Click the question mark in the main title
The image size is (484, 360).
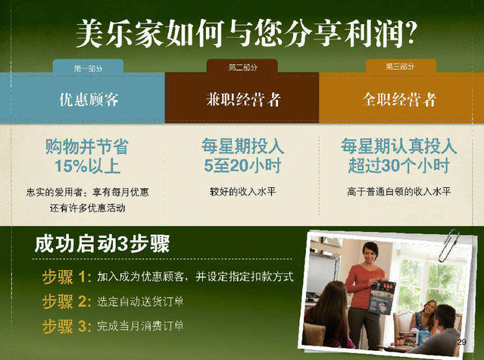pos(410,33)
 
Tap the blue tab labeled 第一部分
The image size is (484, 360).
pos(88,67)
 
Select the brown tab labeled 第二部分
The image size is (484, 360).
pos(242,66)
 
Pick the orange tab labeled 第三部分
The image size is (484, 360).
pos(401,66)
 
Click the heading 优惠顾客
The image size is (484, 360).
pos(89,99)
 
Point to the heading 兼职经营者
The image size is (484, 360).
pos(243,99)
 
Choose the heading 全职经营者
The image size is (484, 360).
pos(399,99)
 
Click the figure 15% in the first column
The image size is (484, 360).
pos(71,166)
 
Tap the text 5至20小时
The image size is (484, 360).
pos(242,165)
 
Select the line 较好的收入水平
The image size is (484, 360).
pos(242,192)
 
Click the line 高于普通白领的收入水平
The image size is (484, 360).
pos(399,192)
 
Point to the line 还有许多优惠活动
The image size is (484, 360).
pos(88,208)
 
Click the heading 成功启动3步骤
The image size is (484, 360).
pos(102,244)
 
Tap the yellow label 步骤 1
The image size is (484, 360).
pos(67,277)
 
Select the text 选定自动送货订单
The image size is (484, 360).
pos(140,302)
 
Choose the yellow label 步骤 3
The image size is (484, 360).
pos(67,326)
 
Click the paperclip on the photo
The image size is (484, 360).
pos(450,245)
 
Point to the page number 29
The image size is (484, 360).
pos(462,342)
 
